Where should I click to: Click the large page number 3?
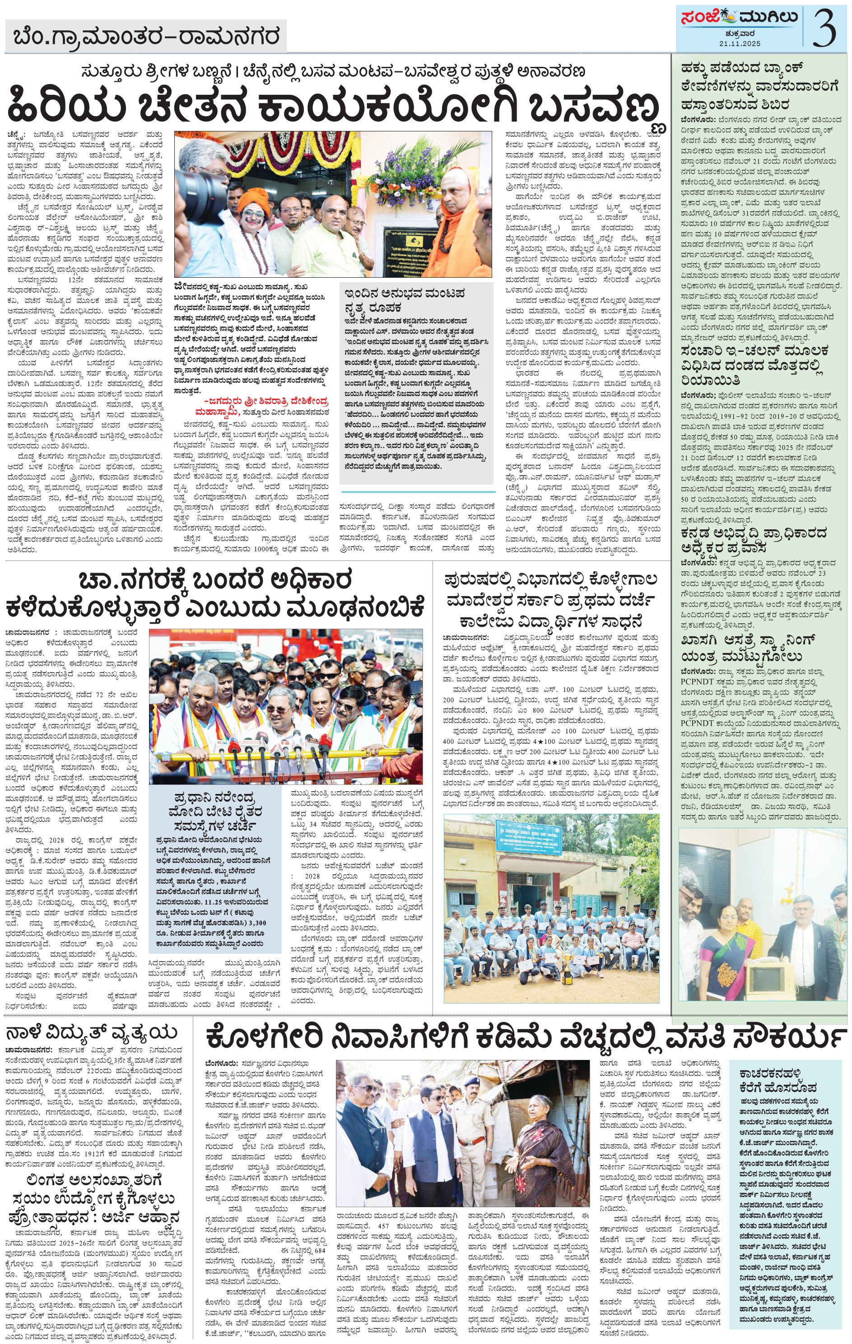click(x=824, y=28)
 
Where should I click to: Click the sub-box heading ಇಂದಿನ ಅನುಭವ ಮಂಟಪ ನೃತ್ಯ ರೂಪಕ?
click(x=405, y=300)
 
